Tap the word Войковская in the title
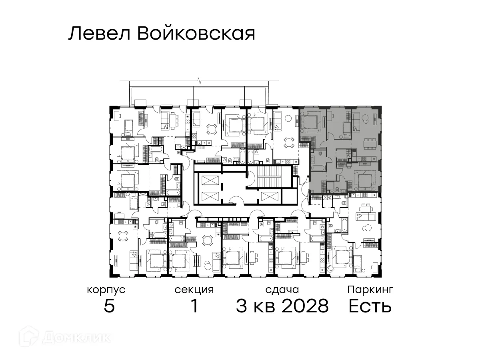click(196, 34)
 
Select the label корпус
click(106, 290)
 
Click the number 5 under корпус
click(109, 307)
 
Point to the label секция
click(194, 290)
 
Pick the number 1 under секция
click(194, 307)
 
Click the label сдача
click(282, 290)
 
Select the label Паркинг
click(370, 290)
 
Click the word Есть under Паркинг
click(370, 307)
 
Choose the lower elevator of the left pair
click(209, 196)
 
